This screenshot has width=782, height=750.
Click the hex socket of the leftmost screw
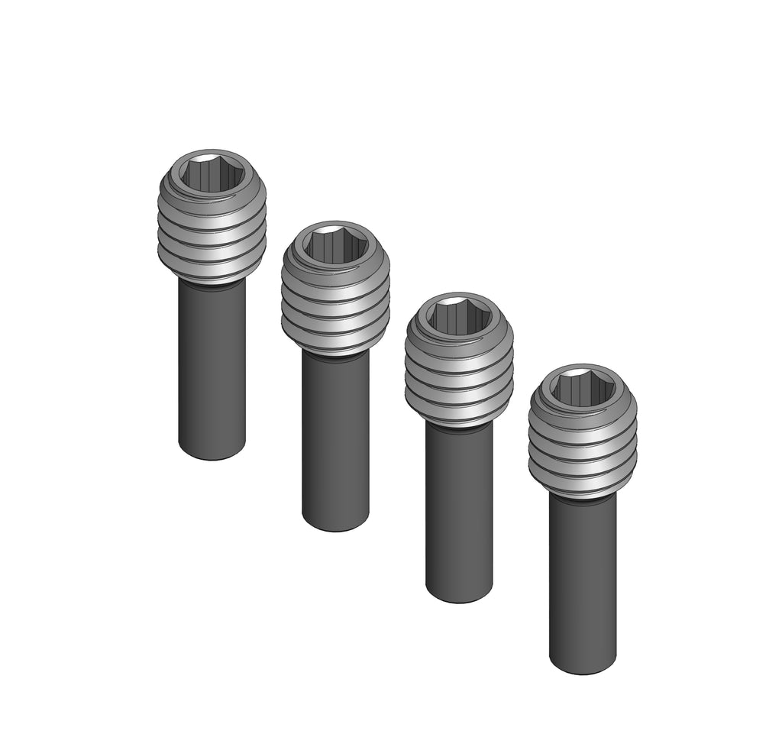[212, 173]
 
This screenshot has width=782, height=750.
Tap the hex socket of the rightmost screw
[583, 388]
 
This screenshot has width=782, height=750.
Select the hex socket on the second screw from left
[336, 244]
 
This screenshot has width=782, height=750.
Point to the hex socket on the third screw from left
[459, 316]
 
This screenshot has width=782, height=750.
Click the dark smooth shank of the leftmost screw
[212, 367]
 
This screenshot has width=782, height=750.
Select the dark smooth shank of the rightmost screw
[583, 580]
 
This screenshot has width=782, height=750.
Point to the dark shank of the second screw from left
[336, 439]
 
